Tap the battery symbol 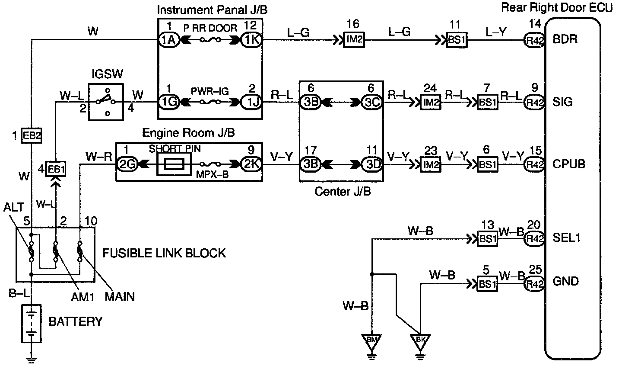[x=32, y=324]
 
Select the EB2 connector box [x=32, y=136]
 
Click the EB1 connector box [x=56, y=169]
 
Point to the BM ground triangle [x=371, y=342]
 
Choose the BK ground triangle [x=420, y=342]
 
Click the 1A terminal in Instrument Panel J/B [x=169, y=40]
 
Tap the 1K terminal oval [x=251, y=40]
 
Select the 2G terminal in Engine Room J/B [x=127, y=164]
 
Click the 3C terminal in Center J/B [x=372, y=103]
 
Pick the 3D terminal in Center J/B [x=372, y=164]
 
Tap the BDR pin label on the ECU [x=565, y=39]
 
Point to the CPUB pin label [x=569, y=164]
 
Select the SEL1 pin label [x=566, y=238]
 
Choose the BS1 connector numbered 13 [x=487, y=239]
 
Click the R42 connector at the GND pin [x=535, y=284]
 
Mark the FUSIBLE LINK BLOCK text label [x=164, y=253]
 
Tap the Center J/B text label [x=343, y=191]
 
